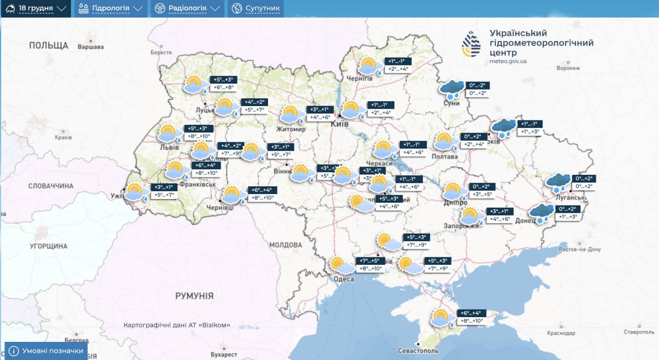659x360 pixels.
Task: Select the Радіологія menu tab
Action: [x=187, y=9]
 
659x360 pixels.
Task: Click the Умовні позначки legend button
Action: [x=46, y=351]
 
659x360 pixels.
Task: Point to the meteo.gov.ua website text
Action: [x=508, y=62]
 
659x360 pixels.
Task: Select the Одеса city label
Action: [x=343, y=279]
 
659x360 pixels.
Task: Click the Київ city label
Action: [x=340, y=125]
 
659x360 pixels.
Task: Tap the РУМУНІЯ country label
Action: [x=194, y=296]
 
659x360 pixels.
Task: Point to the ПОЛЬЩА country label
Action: [x=49, y=45]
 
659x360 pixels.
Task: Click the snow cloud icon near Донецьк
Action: [x=541, y=213]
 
